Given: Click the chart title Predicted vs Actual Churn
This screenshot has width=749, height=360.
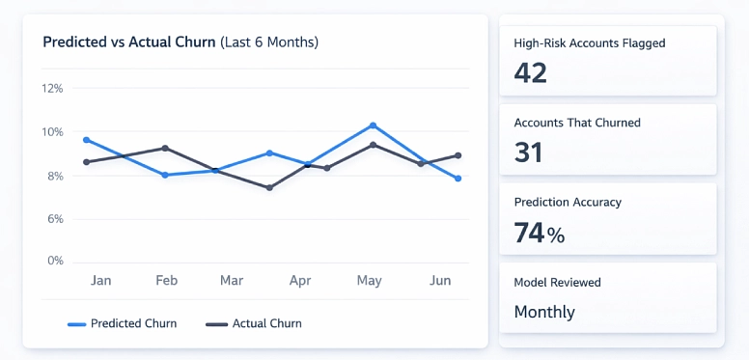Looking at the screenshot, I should point(129,42).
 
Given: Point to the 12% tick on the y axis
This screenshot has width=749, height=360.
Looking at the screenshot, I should point(52,89).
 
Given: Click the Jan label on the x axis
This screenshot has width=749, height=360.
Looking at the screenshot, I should point(100,281).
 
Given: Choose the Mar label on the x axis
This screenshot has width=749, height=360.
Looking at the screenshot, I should point(232,281).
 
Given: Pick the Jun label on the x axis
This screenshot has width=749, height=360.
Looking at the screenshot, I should point(440,281).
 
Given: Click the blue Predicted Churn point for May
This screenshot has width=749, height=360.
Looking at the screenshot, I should point(373,125).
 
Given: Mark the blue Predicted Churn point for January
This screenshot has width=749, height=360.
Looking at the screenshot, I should point(87,140).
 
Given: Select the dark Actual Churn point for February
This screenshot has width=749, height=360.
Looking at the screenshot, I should point(165,148).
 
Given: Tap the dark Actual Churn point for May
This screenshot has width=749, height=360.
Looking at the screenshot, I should point(373,145).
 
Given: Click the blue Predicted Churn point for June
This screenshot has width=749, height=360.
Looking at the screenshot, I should point(458,179).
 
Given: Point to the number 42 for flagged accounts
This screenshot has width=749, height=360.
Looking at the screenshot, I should point(531,73).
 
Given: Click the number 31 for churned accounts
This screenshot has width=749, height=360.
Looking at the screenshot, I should point(529,152).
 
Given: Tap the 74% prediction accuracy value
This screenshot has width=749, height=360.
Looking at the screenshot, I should point(539,233).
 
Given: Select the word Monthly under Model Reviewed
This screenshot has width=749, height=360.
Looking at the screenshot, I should point(544,312).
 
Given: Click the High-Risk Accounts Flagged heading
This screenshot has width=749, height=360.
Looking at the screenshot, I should point(590,43).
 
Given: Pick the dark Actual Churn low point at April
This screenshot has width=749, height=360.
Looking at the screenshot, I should point(269,187).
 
